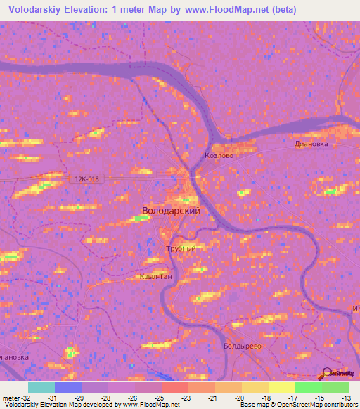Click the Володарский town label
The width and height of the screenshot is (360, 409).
172,210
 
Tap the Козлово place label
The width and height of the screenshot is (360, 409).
218,155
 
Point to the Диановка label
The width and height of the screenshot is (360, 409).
311,143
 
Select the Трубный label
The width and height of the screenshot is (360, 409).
180,249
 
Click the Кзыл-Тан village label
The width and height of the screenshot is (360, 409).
153,276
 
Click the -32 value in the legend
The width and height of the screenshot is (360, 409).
25,397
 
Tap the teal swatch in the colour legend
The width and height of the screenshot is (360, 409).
41,387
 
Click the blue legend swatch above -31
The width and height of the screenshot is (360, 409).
68,387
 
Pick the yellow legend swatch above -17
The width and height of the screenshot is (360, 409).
282,387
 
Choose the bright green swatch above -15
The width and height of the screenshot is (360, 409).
309,387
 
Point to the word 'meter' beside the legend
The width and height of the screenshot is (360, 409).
10,397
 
